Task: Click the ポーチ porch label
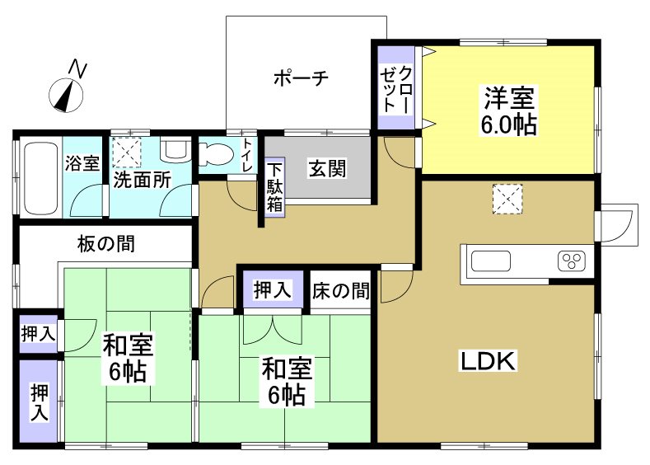301,78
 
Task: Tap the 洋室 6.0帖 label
509,111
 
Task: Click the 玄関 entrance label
327,168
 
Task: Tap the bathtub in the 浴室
37,178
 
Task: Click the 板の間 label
106,244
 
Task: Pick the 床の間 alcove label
339,290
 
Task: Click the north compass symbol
65,94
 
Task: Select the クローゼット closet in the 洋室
396,88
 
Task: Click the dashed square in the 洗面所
128,151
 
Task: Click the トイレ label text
246,155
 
